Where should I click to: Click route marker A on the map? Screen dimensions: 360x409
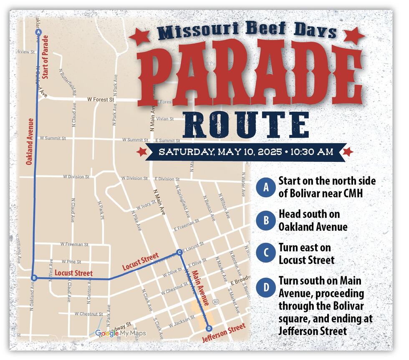tap(38, 32)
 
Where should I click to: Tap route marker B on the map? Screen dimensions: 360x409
tap(35, 278)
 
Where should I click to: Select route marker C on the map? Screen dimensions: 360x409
tap(179, 252)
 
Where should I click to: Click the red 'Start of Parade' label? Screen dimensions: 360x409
tap(45, 57)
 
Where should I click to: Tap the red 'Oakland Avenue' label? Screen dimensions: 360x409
tap(29, 142)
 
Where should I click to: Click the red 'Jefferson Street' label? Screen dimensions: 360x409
tap(224, 333)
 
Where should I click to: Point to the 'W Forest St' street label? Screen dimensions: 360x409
tap(101, 100)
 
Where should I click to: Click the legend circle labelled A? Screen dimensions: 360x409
tap(265, 187)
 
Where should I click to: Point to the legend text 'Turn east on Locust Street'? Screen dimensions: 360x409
tap(306, 254)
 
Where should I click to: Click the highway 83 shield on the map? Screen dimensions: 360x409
tap(216, 301)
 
